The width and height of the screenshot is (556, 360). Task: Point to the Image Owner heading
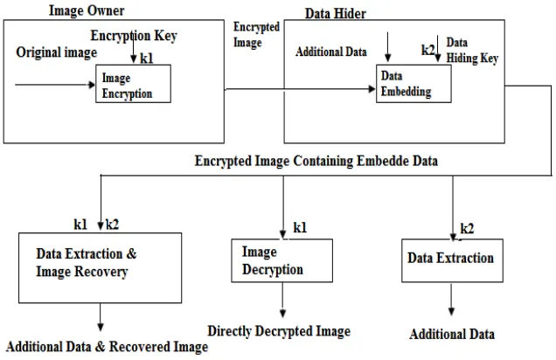click(87, 10)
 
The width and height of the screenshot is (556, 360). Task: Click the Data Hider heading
click(336, 13)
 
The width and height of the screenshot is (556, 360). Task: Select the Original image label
click(56, 52)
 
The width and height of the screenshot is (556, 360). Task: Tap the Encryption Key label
click(134, 36)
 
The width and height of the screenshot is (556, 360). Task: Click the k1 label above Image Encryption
click(147, 59)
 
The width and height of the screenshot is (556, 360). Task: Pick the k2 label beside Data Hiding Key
click(427, 50)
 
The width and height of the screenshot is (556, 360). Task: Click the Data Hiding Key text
click(472, 51)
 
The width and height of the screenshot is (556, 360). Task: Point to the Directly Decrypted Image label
click(279, 331)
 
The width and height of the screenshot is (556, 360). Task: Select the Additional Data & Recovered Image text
click(107, 347)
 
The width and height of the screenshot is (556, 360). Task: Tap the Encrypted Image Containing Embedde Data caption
click(316, 161)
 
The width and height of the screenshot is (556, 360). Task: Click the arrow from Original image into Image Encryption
click(55, 85)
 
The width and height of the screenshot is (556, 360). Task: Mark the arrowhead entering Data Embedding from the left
click(372, 89)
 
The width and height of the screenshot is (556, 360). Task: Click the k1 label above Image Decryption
click(300, 227)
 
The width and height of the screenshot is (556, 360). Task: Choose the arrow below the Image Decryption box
click(282, 300)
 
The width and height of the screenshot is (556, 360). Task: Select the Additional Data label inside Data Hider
click(330, 52)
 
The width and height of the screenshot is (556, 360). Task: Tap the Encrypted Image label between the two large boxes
click(256, 35)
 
